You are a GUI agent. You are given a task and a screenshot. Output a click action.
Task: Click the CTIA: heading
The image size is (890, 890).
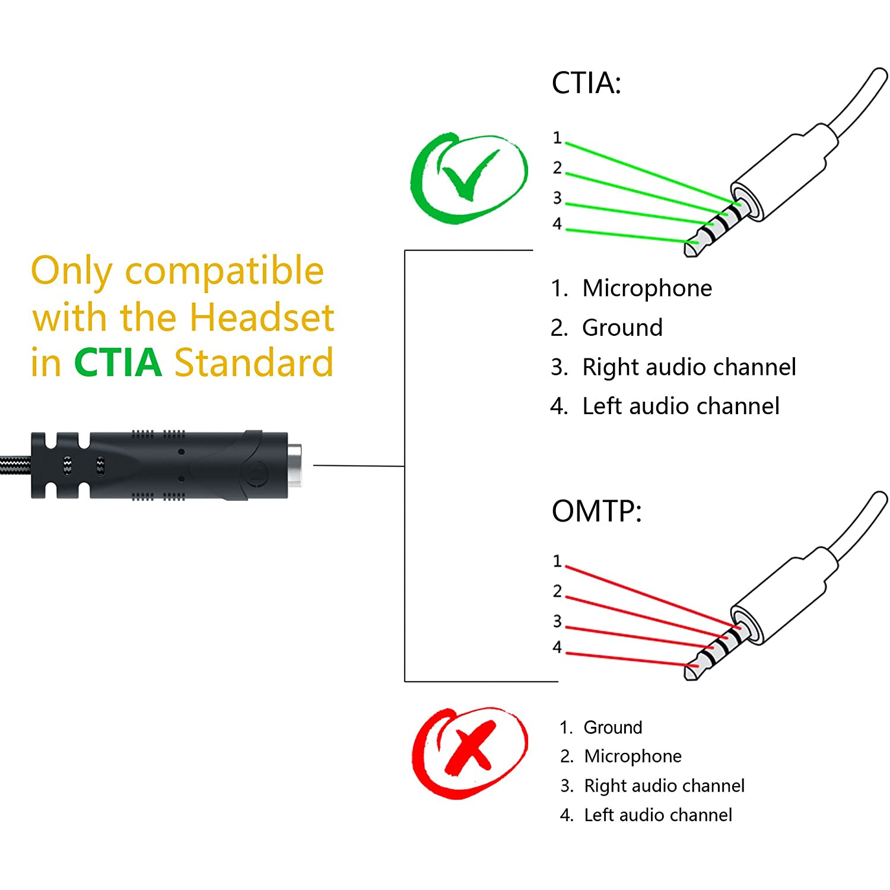pyautogui.click(x=586, y=83)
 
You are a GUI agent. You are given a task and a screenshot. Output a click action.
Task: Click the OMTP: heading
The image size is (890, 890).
pyautogui.click(x=596, y=511)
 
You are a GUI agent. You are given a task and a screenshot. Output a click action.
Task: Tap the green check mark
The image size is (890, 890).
pyautogui.click(x=469, y=177)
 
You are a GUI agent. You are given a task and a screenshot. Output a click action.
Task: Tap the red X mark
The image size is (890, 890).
pyautogui.click(x=469, y=752)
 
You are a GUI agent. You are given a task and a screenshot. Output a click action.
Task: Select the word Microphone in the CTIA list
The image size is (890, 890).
pyautogui.click(x=647, y=288)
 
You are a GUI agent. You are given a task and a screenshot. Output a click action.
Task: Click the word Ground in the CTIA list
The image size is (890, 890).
pyautogui.click(x=622, y=328)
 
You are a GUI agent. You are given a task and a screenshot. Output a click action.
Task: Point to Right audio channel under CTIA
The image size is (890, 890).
pyautogui.click(x=689, y=367)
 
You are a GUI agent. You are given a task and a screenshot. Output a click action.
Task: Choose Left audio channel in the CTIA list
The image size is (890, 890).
pyautogui.click(x=681, y=406)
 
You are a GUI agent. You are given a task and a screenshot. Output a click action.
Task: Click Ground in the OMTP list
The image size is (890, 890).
pyautogui.click(x=613, y=727)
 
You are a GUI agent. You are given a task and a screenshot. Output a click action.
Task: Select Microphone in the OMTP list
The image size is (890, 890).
pyautogui.click(x=632, y=757)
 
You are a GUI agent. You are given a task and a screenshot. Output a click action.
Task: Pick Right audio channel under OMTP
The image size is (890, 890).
pyautogui.click(x=664, y=786)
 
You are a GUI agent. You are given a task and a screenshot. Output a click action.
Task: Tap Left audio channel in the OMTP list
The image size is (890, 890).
pyautogui.click(x=658, y=815)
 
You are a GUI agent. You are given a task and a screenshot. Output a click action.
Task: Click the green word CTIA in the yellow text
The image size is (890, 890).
pyautogui.click(x=118, y=363)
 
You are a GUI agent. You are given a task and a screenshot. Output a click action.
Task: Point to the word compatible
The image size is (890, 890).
pyautogui.click(x=224, y=272)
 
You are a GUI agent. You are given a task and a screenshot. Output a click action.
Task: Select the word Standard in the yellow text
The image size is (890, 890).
pyautogui.click(x=253, y=363)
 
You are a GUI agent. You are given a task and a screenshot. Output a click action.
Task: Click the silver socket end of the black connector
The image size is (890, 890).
pyautogui.click(x=294, y=465)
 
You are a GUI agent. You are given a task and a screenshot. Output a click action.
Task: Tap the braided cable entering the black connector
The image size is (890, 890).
pyautogui.click(x=15, y=466)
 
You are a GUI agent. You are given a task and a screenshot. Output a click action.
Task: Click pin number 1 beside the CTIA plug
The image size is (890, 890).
pyautogui.click(x=557, y=138)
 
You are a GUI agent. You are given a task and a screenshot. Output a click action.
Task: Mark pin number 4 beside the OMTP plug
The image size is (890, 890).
pyautogui.click(x=557, y=647)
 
